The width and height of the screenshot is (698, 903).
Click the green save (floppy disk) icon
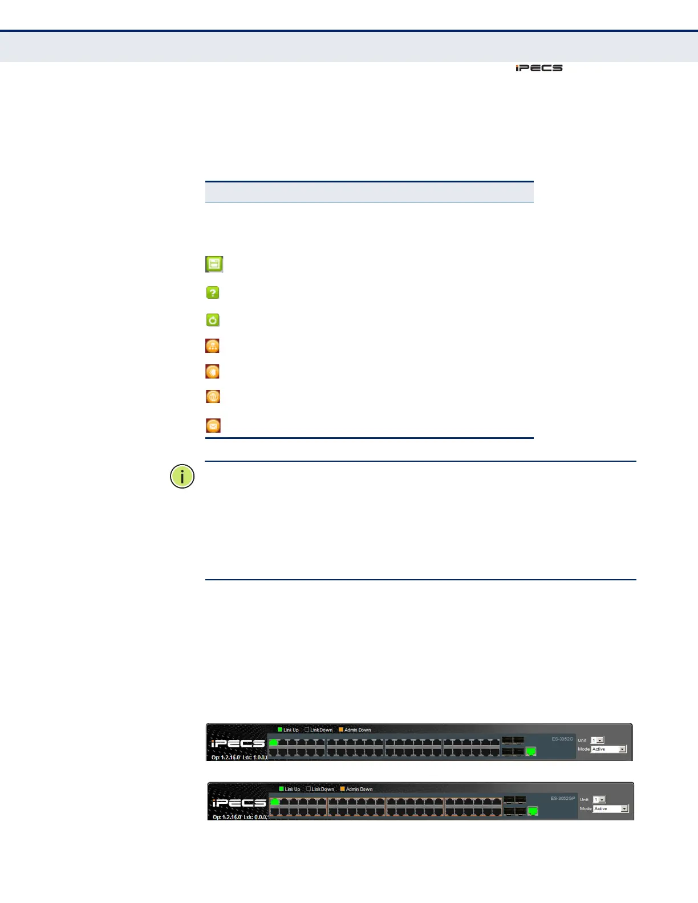214,264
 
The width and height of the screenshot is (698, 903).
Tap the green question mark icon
212,292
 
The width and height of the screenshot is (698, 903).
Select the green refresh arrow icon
213,320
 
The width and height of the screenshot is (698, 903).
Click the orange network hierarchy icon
212,346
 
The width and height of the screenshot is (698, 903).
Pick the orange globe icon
213,397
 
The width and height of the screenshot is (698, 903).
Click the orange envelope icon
213,425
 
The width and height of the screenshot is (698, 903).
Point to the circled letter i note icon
182,477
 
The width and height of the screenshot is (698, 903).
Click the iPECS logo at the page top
539,68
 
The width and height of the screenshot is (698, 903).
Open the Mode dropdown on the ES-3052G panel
609,749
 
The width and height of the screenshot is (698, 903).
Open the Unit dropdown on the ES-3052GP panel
599,800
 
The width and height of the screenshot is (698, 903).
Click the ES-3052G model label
562,739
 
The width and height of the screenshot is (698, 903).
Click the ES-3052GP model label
562,799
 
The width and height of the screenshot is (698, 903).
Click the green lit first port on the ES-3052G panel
274,742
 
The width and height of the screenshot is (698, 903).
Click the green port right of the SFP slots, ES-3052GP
533,811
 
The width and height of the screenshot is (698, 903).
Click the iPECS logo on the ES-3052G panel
238,743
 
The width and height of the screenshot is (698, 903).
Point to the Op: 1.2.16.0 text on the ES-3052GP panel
226,817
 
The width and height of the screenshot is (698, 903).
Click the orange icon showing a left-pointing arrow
212,372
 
